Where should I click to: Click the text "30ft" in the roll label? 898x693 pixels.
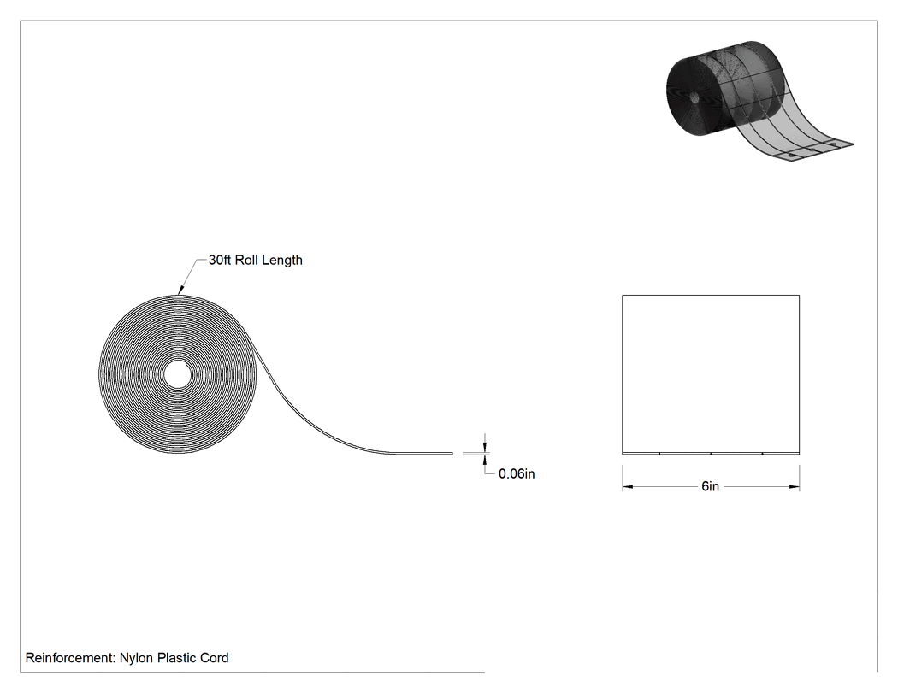point(220,260)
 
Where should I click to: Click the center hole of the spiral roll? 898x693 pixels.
point(178,374)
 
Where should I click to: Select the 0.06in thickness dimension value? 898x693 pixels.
point(517,474)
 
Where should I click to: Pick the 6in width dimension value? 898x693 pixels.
point(710,486)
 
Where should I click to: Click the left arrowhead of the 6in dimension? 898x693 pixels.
point(628,487)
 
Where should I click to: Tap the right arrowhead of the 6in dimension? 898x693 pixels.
point(795,487)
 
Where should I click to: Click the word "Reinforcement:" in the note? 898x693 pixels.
point(70,658)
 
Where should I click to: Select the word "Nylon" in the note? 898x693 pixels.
point(136,659)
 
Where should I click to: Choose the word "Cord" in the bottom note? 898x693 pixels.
point(214,658)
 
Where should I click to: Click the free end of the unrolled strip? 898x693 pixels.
point(452,454)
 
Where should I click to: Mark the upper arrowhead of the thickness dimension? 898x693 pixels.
point(486,446)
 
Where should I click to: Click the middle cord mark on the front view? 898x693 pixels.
point(711,453)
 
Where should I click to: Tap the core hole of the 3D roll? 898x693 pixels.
point(694,97)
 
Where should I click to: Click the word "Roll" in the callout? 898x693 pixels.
point(248,260)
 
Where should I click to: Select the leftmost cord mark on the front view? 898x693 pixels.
point(659,453)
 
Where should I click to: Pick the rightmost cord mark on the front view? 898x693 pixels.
point(762,453)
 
